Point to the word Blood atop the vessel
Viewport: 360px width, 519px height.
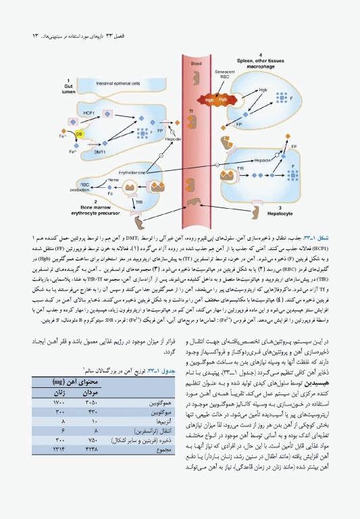click(x=196, y=63)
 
